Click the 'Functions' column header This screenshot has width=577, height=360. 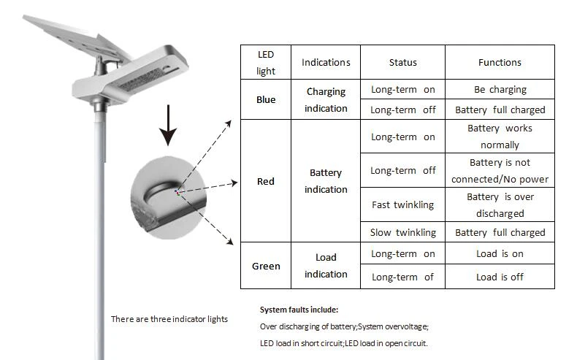pos(500,62)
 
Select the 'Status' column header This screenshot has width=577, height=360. pos(403,62)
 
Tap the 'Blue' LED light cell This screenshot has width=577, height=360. pos(266,99)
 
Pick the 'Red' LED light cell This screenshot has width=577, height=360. pos(266,181)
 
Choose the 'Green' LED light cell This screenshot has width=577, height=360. pos(266,266)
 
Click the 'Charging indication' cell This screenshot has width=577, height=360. pos(326,99)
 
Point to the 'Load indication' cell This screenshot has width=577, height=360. pos(326,266)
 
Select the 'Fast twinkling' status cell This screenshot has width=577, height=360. pos(403,204)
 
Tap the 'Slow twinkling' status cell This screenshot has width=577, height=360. pos(403,232)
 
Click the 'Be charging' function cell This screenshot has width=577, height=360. pos(500,89)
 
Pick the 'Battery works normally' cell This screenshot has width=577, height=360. pos(500,136)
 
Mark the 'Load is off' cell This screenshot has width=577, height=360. pos(500,277)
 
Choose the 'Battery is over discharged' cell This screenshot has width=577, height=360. pos(500,204)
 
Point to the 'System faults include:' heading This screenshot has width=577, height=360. pos(299,310)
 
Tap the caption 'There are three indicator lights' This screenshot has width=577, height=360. pos(169,319)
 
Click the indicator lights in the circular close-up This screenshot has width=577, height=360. pos(177,192)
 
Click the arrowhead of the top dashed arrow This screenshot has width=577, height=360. pos(229,123)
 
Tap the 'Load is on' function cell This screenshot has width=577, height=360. pos(500,253)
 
